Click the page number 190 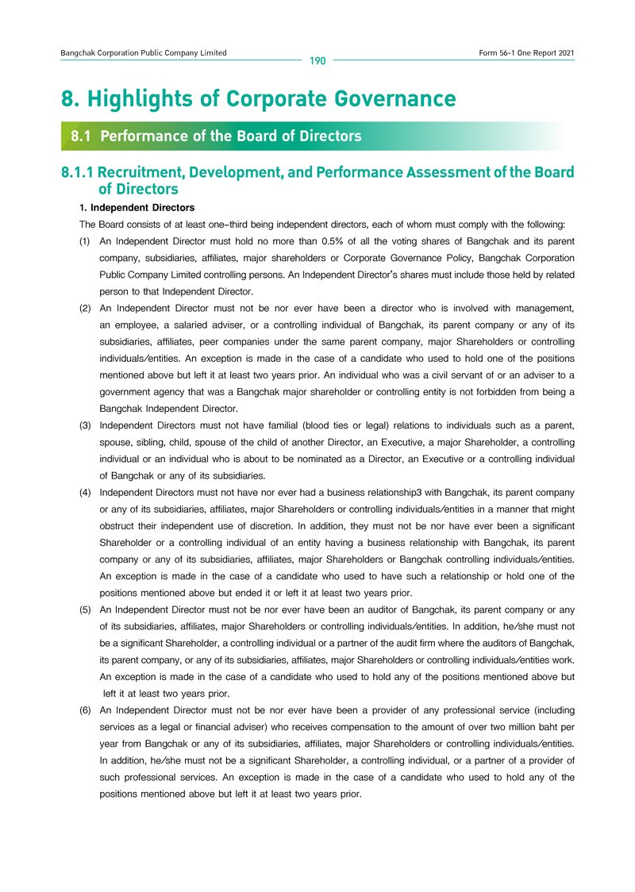317,60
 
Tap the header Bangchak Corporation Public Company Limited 144,52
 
